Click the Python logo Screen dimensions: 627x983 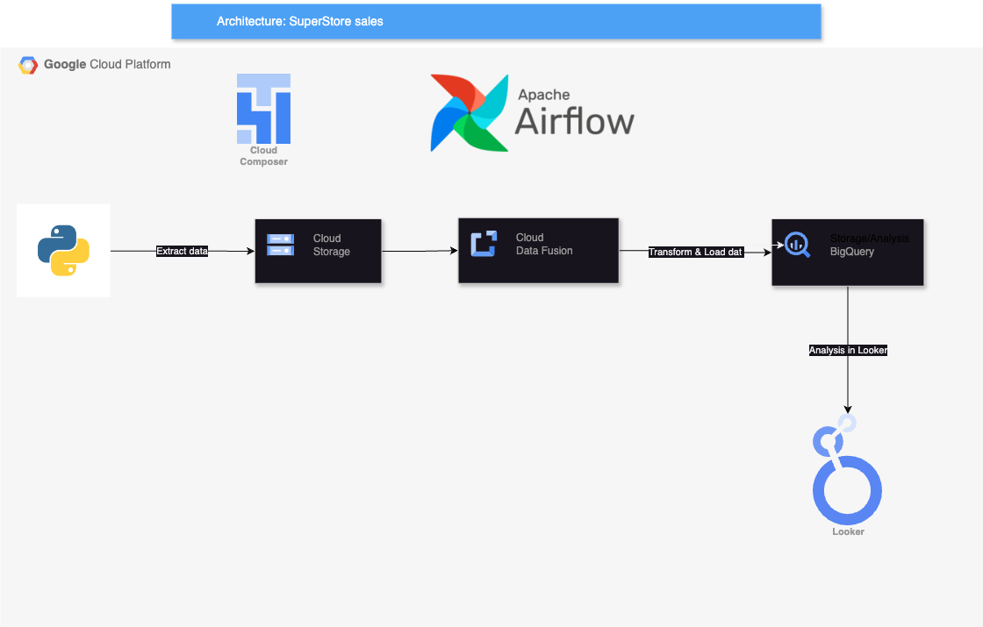(63, 251)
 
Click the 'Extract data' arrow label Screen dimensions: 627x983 (182, 251)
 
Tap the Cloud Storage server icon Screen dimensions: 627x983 (280, 245)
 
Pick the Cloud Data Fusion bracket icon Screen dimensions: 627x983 (484, 244)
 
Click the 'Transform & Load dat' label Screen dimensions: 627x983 (695, 252)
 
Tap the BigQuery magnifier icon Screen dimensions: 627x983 (797, 244)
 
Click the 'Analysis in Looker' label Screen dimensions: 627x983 (848, 350)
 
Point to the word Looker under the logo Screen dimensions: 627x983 (848, 531)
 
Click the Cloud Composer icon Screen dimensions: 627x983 (263, 109)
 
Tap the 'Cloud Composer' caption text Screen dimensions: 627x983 (263, 156)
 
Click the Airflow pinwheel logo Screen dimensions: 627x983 (470, 112)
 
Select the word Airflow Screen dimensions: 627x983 (574, 121)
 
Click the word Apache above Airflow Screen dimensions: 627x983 (543, 95)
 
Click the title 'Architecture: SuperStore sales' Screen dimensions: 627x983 (300, 21)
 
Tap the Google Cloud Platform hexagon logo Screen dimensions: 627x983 (28, 65)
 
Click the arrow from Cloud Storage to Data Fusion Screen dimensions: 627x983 (420, 251)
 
